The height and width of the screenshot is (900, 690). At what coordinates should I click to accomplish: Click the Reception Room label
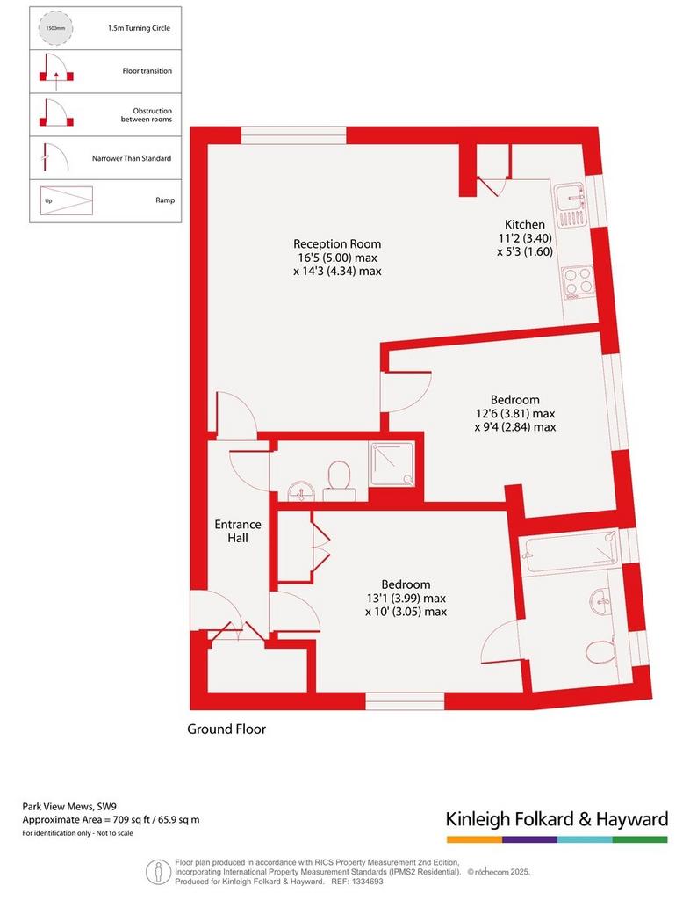coord(337,244)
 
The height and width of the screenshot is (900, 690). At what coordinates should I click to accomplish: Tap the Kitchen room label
coord(524,224)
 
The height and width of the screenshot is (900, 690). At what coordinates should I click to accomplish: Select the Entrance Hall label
coord(238,531)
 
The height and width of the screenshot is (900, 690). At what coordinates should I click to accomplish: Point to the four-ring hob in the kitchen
coord(578,282)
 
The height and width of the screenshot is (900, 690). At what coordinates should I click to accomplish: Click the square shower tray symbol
coord(392,464)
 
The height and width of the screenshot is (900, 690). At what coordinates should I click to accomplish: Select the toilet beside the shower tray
coord(339,482)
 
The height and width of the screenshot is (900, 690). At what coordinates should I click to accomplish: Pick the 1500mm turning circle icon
coord(52,27)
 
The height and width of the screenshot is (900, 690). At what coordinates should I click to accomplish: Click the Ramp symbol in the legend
coord(66,201)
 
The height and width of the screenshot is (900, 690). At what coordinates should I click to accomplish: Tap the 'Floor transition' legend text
coord(147,71)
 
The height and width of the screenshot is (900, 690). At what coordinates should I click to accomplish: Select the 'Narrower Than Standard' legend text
coord(132,158)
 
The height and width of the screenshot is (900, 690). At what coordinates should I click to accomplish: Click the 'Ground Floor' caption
coord(226,729)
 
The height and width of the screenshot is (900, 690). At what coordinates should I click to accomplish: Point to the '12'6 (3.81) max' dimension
coord(515,413)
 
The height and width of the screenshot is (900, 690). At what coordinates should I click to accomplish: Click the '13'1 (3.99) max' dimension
coord(406,598)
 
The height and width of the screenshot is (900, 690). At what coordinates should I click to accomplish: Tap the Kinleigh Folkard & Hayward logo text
coord(557,819)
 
